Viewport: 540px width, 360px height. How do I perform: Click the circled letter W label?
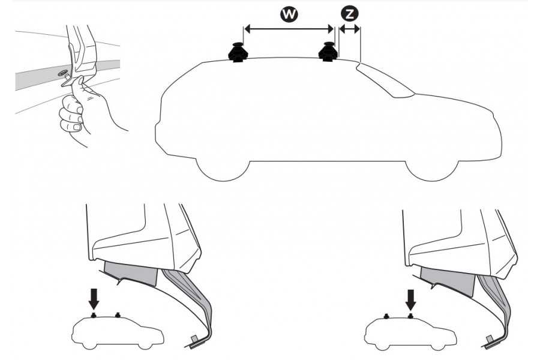pyautogui.click(x=289, y=14)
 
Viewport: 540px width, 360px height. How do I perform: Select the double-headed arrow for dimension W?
pyautogui.click(x=288, y=28)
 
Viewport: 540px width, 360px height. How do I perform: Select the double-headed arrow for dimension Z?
pyautogui.click(x=349, y=28)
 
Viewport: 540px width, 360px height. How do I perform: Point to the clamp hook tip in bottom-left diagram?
pyautogui.click(x=196, y=341)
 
